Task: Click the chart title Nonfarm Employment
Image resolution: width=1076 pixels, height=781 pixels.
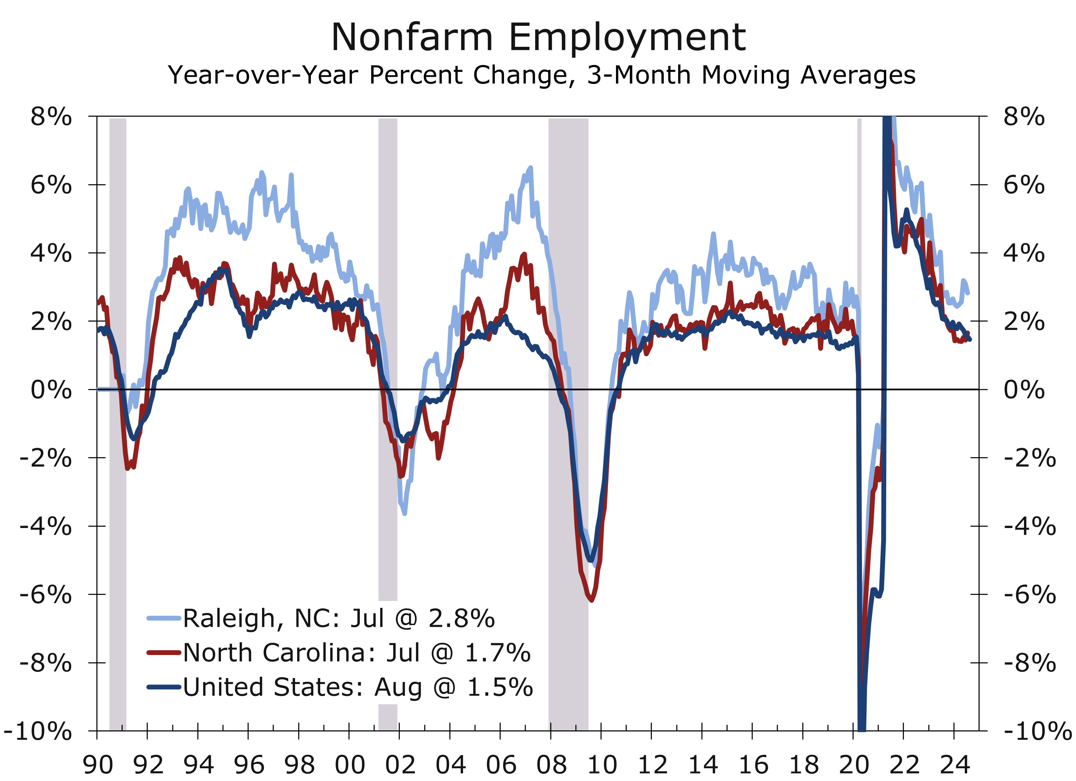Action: point(538,38)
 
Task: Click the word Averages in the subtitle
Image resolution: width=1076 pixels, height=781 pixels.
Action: point(858,75)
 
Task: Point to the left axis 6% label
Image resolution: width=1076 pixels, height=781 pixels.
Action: point(51,184)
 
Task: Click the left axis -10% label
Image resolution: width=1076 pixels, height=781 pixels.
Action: point(38,731)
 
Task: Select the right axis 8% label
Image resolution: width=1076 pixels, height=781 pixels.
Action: point(1024,117)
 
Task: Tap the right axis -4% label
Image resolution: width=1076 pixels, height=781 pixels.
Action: point(1030,526)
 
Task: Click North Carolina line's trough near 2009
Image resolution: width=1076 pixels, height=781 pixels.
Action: point(591,600)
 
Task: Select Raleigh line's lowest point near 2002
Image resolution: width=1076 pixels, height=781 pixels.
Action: point(404,513)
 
